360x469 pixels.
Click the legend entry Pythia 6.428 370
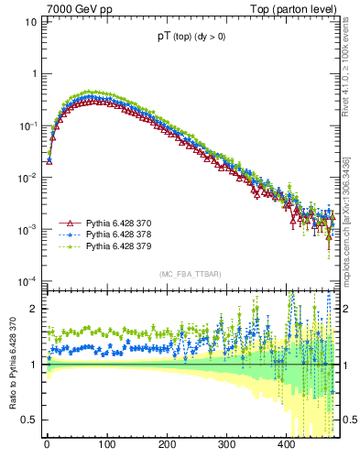pos(118,223)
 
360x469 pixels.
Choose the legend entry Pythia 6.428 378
pos(118,235)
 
